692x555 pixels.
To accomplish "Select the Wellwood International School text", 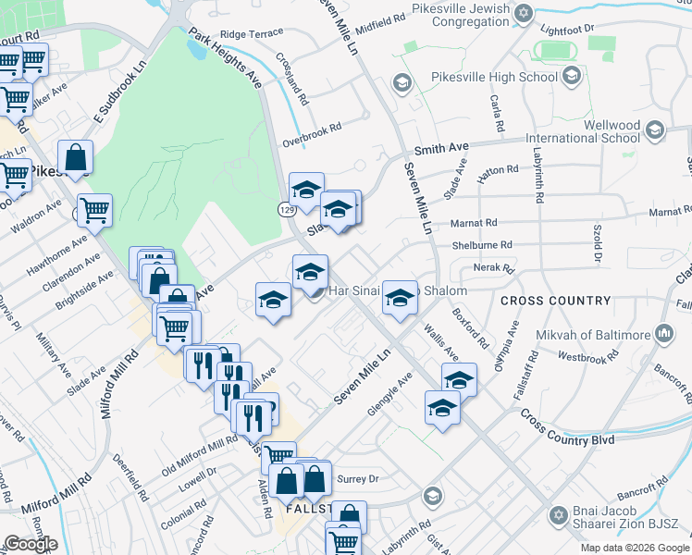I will click(x=585, y=131).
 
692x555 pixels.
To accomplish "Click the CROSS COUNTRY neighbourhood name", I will click(x=555, y=301).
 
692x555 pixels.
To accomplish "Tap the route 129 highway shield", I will click(x=288, y=211).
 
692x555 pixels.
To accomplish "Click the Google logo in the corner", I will click(x=31, y=544).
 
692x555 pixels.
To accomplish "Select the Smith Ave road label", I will click(x=442, y=148).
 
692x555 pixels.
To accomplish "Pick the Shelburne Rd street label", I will click(x=480, y=245).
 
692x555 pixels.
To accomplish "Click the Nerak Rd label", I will click(x=493, y=268).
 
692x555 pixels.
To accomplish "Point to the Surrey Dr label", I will click(x=362, y=479).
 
